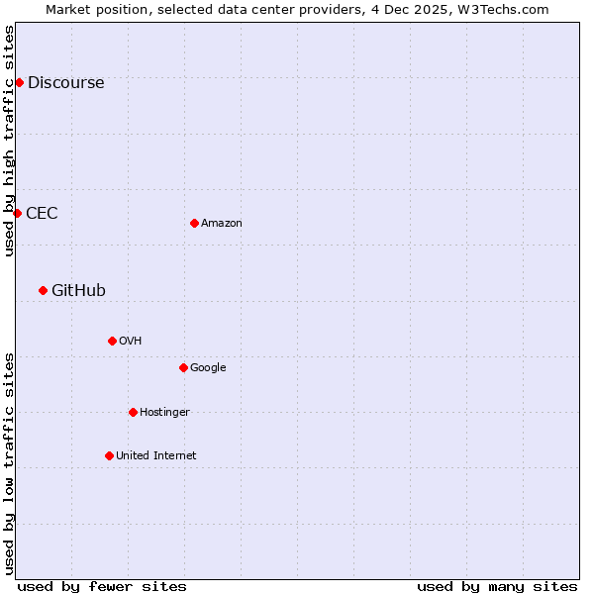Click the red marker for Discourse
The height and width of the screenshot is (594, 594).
19,82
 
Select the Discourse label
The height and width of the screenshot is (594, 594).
65,83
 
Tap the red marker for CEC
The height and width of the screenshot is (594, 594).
17,213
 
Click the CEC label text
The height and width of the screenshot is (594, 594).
42,214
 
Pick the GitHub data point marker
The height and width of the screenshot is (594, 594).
43,290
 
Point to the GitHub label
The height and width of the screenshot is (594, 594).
78,291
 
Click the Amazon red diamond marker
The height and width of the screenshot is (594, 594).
194,223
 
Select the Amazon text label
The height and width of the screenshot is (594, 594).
222,224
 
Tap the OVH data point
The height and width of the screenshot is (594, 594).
112,341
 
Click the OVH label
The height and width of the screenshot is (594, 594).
131,342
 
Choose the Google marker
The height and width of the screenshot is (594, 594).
183,367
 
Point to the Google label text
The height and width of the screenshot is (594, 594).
208,368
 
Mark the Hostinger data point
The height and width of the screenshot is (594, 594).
133,412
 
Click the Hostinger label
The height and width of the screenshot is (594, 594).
164,413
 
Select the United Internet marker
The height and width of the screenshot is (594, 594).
109,455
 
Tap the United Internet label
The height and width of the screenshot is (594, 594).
156,456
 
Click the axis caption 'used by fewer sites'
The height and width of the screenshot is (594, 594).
102,586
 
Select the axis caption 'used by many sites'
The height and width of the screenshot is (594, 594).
497,586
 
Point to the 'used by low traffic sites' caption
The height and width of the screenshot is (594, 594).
10,462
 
